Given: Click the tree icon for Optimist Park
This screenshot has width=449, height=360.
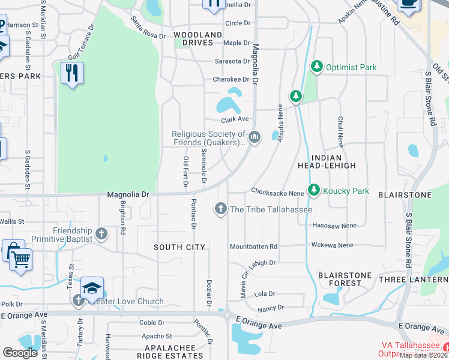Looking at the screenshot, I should click(316, 67).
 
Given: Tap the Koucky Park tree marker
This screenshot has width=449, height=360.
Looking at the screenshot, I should click(313, 190).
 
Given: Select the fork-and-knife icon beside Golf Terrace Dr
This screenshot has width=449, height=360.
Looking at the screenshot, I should click(72, 73).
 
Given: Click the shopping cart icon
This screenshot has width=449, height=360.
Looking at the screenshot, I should click(20, 260).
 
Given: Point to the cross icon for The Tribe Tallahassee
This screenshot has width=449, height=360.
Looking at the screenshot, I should click(220, 208).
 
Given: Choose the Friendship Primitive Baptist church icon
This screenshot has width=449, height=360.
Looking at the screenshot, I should click(101, 233).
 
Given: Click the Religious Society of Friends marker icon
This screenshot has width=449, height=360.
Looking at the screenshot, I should click(255, 137).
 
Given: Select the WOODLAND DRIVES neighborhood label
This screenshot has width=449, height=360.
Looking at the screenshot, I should click(193, 39).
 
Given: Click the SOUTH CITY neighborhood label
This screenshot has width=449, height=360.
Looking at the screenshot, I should click(179, 247).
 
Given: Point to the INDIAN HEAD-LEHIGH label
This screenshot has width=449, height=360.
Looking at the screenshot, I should click(327, 161).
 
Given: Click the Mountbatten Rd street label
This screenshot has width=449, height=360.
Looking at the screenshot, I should click(254, 247).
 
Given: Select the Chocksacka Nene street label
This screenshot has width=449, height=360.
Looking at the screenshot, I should click(277, 193).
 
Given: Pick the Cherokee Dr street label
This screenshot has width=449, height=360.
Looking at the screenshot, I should click(231, 79).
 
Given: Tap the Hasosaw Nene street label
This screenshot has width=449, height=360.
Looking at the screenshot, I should click(334, 225).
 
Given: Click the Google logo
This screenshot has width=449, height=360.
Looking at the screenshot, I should click(20, 353).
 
